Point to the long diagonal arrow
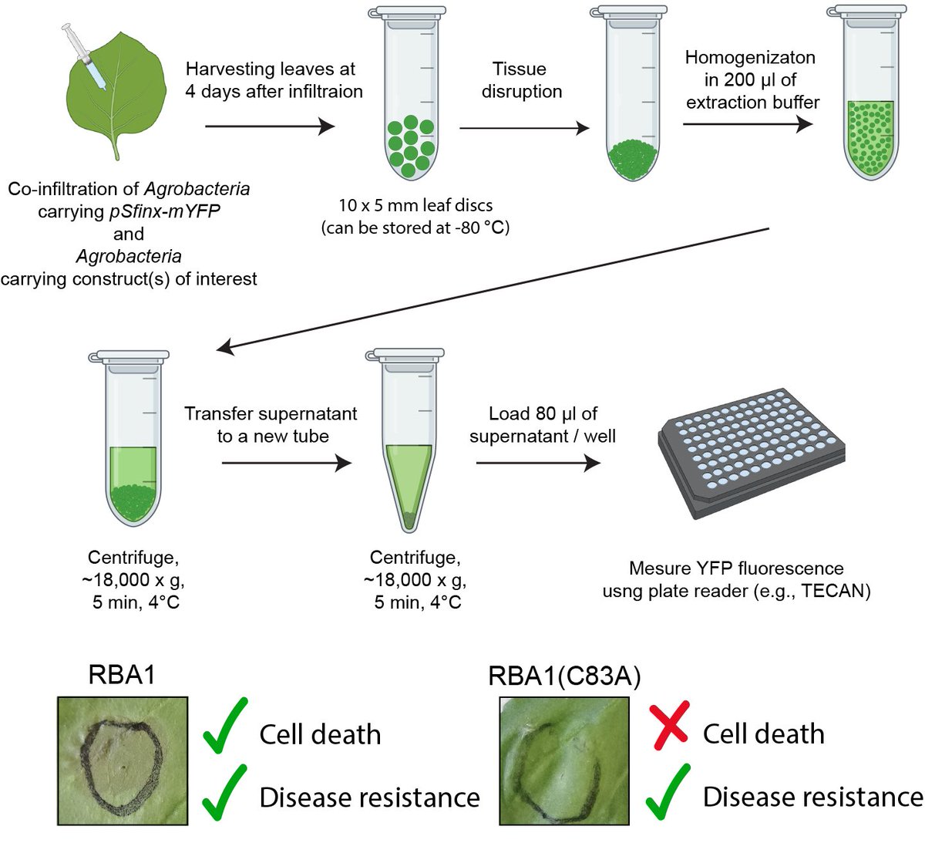coord(493,289)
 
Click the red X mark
coord(668,725)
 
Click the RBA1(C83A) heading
coord(564,676)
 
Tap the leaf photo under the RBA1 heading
coord(123,760)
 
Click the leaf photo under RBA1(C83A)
coord(563,760)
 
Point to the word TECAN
coord(840,591)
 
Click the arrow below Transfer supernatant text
coord(286,463)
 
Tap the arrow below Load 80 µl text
coord(538,463)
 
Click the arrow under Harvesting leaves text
coord(270,126)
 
